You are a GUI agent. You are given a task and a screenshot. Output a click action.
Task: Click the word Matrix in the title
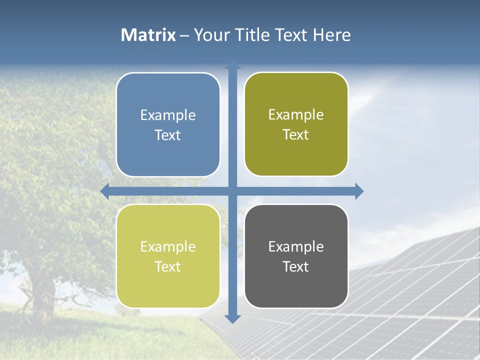coord(148,35)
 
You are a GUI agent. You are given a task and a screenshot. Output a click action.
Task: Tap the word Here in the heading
coord(331,35)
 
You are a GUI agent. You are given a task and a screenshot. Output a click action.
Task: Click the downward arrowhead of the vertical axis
coord(232,319)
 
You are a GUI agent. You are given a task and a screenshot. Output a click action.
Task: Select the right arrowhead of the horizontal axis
coord(359,191)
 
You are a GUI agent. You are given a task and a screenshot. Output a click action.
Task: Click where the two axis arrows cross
coord(232,191)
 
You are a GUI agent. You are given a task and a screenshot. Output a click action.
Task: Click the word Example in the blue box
coord(168,115)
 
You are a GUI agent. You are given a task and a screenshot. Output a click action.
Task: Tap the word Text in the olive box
coord(296,135)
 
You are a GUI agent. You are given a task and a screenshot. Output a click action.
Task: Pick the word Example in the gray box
coord(296,246)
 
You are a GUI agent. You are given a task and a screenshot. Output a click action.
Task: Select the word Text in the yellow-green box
coord(168,266)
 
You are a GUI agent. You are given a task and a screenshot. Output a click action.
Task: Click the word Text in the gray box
coord(296,266)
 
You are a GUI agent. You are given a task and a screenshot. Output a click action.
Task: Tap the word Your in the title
coord(210,35)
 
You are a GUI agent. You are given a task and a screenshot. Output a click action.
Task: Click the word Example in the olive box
coord(296,115)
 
